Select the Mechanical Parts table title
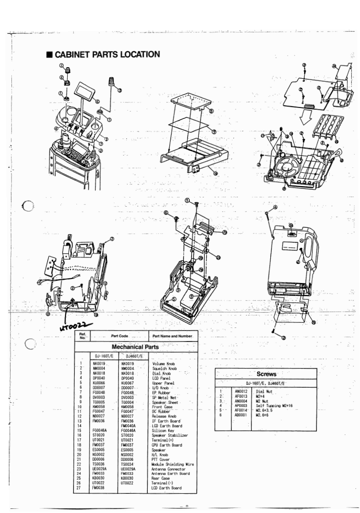coord(136,346)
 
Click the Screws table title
coord(267,374)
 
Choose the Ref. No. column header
coord(82,337)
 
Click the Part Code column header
coord(118,337)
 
